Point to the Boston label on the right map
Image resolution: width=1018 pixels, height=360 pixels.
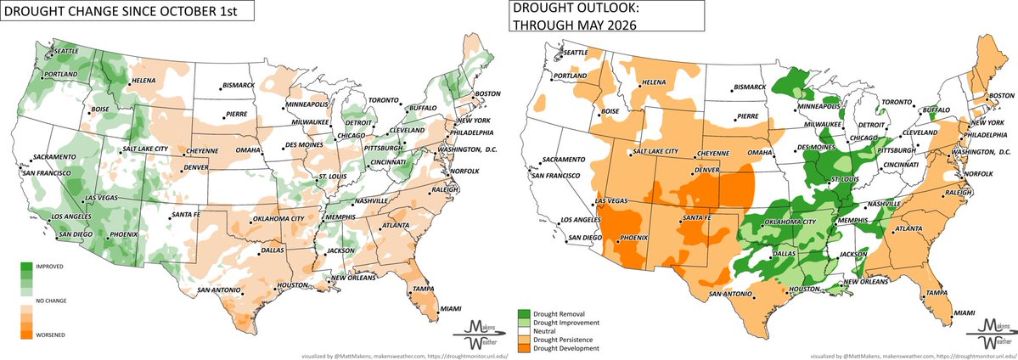(1003, 93)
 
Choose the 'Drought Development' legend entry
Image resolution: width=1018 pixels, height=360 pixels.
(571, 348)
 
